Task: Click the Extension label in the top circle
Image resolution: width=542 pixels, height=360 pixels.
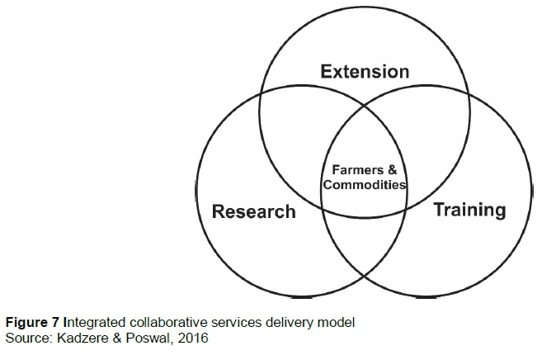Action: click(365, 72)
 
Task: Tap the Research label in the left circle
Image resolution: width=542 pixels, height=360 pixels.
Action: click(253, 211)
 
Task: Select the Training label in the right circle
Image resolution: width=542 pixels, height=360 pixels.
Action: click(469, 210)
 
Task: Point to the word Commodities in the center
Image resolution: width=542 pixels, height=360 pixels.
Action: click(365, 185)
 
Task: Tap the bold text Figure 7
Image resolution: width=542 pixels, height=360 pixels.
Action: click(31, 323)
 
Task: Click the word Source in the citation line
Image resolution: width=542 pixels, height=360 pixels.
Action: click(26, 337)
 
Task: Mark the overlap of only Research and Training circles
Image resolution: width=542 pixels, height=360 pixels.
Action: click(364, 248)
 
